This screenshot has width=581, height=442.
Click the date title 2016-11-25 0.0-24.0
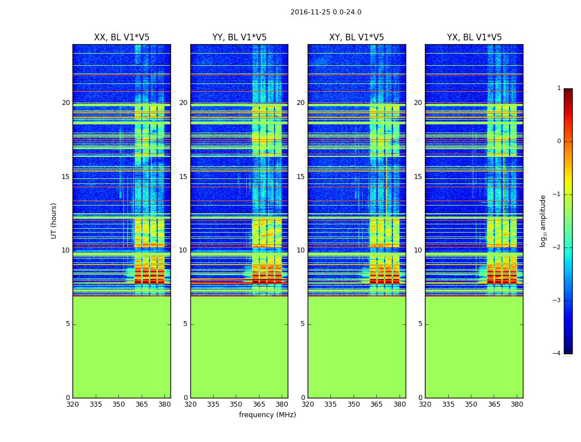click(x=325, y=12)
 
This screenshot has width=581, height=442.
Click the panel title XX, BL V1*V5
click(x=122, y=38)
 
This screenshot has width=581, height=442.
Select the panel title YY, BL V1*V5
click(x=239, y=38)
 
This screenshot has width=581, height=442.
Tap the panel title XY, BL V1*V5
click(x=356, y=38)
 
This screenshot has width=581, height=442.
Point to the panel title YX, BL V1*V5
click(x=474, y=38)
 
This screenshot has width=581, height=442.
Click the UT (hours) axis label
click(x=54, y=220)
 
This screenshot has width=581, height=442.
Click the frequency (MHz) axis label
click(x=267, y=415)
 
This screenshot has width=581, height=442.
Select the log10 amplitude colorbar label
click(x=543, y=220)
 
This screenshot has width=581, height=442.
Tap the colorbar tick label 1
click(x=558, y=88)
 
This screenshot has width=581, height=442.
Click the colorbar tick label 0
click(x=558, y=141)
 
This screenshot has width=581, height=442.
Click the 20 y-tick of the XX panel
click(x=66, y=103)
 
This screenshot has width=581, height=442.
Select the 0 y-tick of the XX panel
click(x=68, y=398)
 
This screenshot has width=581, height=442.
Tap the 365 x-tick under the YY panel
click(x=259, y=404)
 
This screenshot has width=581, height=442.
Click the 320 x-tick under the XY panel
click(x=308, y=404)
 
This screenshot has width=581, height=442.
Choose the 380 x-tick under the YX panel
click(x=517, y=404)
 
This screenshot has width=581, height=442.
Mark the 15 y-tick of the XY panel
click(x=301, y=177)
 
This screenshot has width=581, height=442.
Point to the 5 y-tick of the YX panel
click(x=421, y=324)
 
